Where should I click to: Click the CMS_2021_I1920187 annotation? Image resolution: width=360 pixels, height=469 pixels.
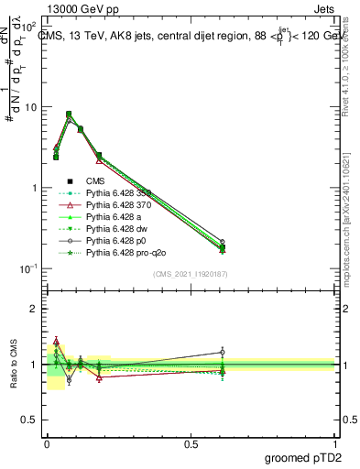click(x=190, y=274)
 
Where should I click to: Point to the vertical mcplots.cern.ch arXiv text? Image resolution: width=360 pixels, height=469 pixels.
click(x=354, y=211)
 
